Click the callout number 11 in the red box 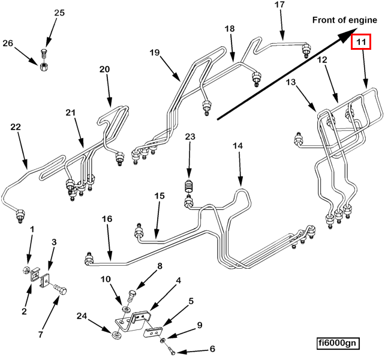[x=360, y=42]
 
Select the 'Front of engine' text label [x=344, y=20]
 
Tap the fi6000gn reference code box [x=338, y=343]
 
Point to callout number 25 [x=59, y=13]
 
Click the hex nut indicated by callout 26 [x=44, y=67]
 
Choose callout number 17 [x=279, y=5]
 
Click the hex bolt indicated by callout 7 [x=60, y=289]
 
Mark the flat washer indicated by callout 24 [x=116, y=335]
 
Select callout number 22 [x=16, y=127]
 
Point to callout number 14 [x=237, y=146]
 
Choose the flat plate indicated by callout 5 [x=153, y=331]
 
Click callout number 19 [x=155, y=52]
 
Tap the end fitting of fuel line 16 [x=89, y=259]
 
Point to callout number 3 [x=54, y=242]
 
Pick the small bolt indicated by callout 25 [x=44, y=53]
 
